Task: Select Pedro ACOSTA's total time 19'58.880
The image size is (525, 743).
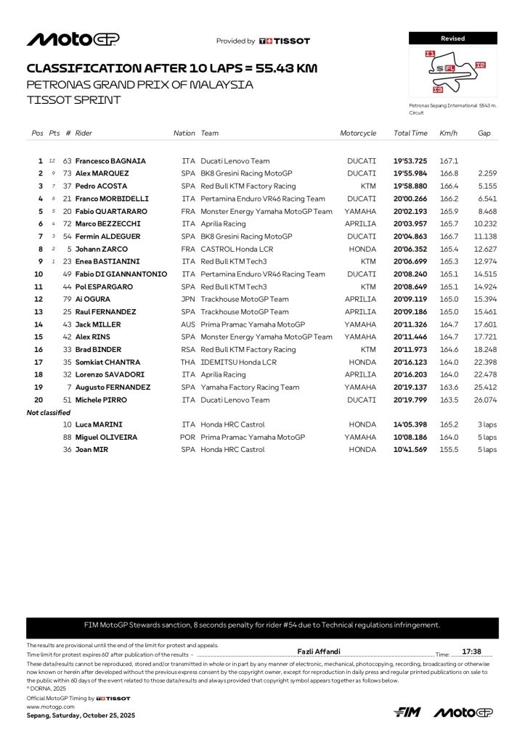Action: click(410, 186)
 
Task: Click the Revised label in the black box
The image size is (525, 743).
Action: click(452, 38)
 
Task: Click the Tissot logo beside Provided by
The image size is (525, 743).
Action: click(285, 41)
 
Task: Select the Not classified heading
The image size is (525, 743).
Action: click(49, 413)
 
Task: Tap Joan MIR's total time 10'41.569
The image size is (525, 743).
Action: click(410, 450)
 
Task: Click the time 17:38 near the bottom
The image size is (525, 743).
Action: click(471, 652)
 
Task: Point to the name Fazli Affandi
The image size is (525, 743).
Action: click(319, 652)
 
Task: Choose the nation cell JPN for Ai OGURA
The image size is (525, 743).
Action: click(188, 299)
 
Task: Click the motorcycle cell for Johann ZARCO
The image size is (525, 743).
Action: click(362, 249)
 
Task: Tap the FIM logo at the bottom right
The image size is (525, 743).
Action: click(407, 713)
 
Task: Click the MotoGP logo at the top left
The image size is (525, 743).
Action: click(73, 39)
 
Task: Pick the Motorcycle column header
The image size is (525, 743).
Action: click(358, 134)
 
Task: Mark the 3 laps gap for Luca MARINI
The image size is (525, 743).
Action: click(487, 424)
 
